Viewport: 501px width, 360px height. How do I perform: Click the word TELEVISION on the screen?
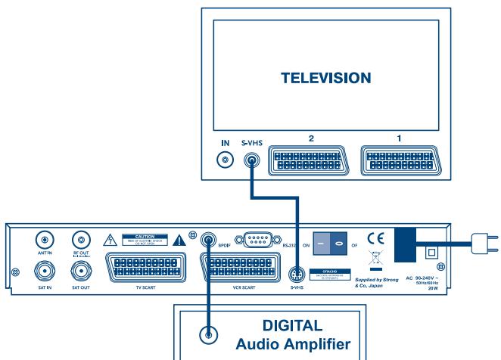325,78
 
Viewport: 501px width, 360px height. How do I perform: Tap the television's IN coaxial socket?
224,160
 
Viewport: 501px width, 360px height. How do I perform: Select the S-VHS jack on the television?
252,160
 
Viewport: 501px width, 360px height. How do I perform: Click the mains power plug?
482,244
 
